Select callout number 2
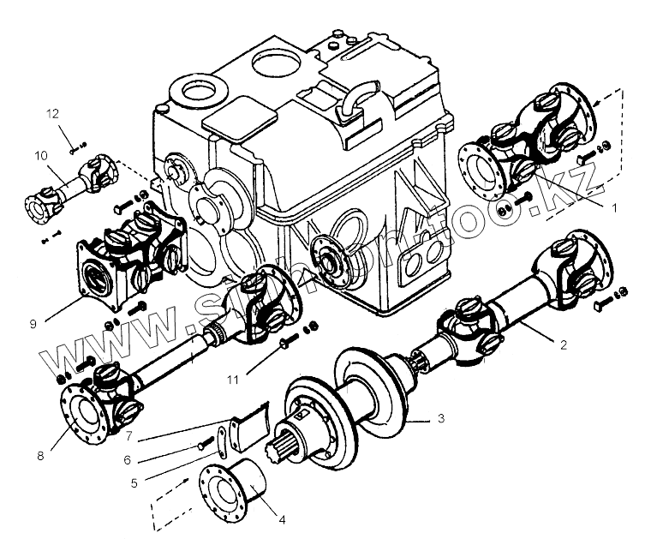point(562,345)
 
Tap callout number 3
point(439,419)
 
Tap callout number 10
point(40,157)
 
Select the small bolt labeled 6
point(204,444)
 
